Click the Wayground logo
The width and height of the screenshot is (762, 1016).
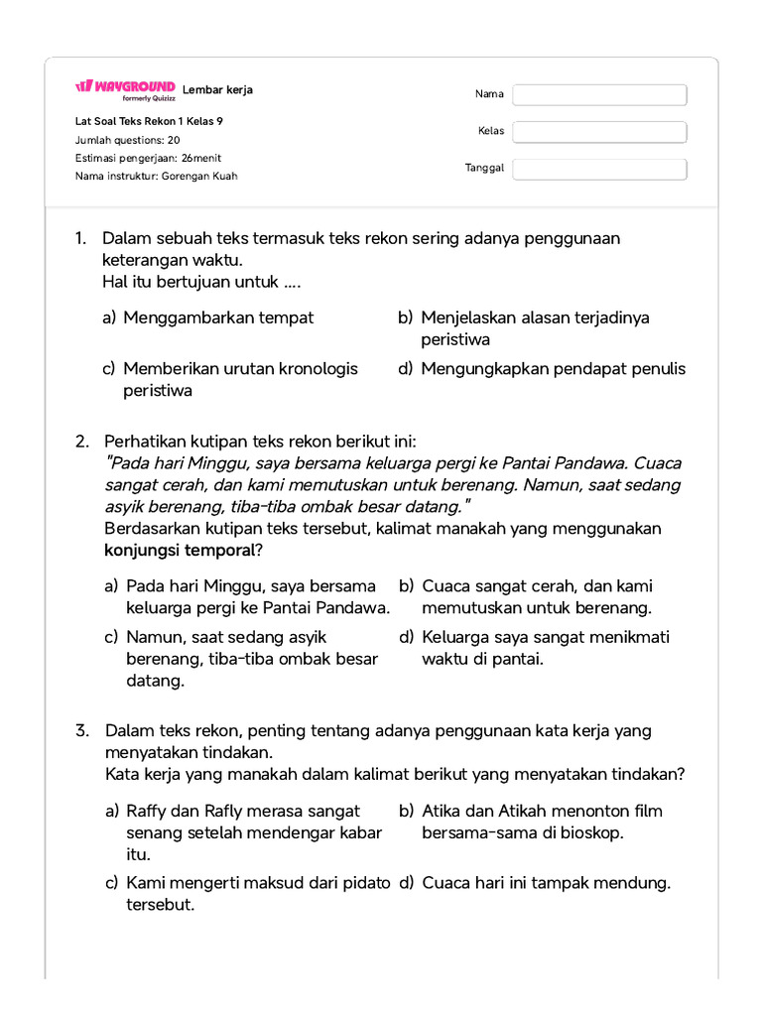coord(125,89)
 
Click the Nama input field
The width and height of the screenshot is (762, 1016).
coord(599,95)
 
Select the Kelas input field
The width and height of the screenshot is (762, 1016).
coord(599,132)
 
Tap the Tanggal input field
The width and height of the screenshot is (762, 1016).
coord(599,170)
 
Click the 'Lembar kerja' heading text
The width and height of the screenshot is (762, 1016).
coord(217,90)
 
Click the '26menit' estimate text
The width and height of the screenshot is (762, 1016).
coord(201,158)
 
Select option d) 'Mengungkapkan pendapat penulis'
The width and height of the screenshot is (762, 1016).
coord(553,369)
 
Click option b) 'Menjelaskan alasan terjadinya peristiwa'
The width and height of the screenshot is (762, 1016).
coord(535,328)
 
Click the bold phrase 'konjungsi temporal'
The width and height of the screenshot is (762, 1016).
coord(180,550)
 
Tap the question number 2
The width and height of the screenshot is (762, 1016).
coord(82,441)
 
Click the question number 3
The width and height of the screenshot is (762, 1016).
coord(82,731)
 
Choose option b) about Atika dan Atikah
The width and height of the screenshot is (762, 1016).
coord(542,822)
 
